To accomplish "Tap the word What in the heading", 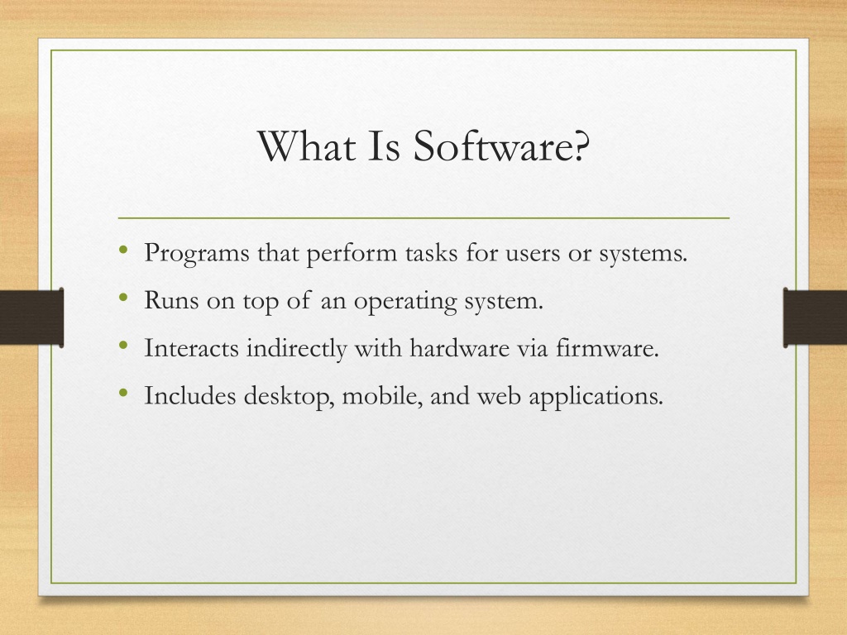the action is click(306, 146).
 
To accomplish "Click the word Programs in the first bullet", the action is click(197, 253).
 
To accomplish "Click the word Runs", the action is click(171, 300).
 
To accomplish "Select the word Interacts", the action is click(191, 348).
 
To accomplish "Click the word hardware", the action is click(460, 348).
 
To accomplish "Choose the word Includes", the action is click(190, 395).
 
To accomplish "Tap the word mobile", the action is click(382, 396).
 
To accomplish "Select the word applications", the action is click(596, 397).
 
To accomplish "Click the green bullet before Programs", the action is click(124, 250).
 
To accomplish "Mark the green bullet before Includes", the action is click(124, 392).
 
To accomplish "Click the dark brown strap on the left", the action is click(32, 317).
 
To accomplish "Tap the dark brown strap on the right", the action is click(815, 317).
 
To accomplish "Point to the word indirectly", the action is click(297, 349).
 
